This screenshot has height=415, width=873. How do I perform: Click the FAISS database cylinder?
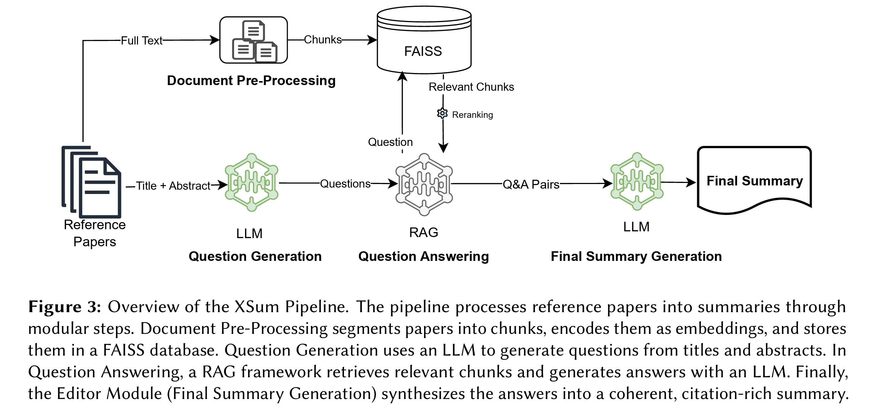(424, 41)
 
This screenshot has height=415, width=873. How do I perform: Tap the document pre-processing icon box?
(254, 40)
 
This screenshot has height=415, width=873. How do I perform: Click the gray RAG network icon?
(424, 184)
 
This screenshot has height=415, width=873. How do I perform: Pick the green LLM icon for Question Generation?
(252, 183)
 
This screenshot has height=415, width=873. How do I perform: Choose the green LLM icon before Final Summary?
(637, 182)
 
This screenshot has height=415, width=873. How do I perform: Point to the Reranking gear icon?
(442, 114)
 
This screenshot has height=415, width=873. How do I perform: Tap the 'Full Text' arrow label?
(142, 41)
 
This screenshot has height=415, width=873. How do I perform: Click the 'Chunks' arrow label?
(323, 40)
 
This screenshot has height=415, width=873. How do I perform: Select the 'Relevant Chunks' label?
(471, 87)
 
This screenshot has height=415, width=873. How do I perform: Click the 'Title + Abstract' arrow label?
(173, 186)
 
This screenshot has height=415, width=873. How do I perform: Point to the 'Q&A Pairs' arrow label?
(531, 184)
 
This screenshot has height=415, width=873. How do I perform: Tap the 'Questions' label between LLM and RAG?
(345, 184)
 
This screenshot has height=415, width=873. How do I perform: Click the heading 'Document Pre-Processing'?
(251, 81)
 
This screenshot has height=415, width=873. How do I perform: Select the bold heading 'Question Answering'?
(423, 257)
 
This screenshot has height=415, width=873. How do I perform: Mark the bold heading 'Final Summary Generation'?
(636, 257)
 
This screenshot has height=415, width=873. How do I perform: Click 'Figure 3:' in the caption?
(65, 307)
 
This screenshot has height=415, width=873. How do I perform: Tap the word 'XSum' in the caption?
(256, 307)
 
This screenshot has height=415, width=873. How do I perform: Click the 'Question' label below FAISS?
(390, 142)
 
